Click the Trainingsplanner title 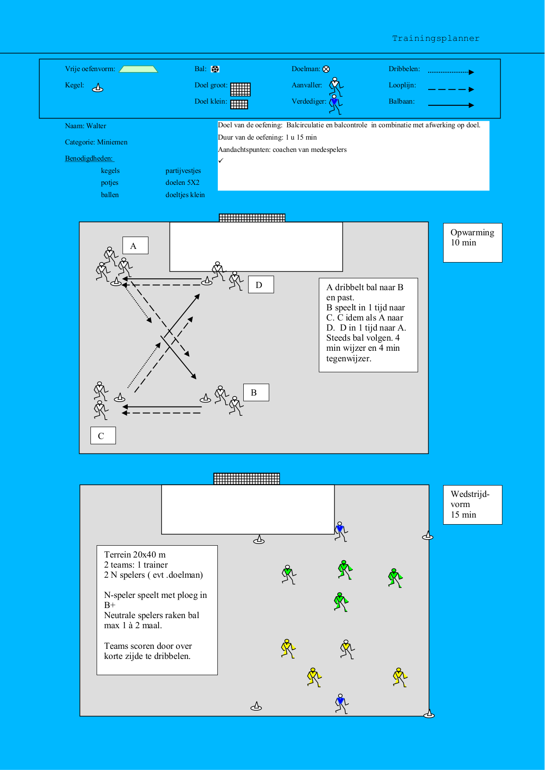(x=435, y=39)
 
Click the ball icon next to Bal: (x=215, y=69)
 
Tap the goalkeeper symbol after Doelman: (x=326, y=69)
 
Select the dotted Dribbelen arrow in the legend (x=451, y=72)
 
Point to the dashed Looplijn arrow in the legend (x=451, y=90)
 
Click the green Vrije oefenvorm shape (x=138, y=69)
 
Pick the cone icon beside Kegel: (x=97, y=88)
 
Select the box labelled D (x=261, y=285)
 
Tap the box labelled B (x=256, y=392)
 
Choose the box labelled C (x=103, y=435)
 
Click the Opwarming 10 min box (x=473, y=242)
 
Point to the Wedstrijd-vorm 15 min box (x=473, y=504)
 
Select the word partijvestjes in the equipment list (x=183, y=171)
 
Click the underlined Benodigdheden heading (x=89, y=158)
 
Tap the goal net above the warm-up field (x=252, y=218)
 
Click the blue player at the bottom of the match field (x=341, y=703)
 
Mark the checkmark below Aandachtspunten (x=221, y=161)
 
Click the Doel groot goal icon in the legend (x=240, y=89)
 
